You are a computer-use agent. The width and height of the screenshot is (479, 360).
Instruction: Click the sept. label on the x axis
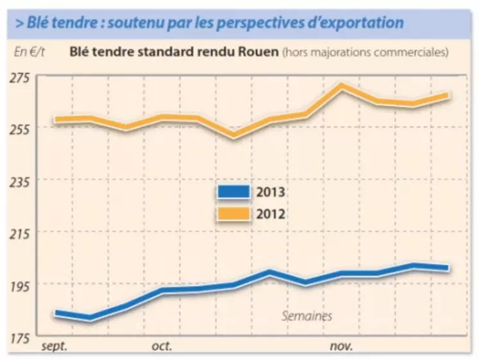pos(55,347)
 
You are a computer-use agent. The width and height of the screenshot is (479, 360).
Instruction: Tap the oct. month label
pos(162,347)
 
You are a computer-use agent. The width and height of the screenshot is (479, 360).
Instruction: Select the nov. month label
pos(341,347)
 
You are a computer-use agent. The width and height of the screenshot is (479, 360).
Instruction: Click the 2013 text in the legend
pos(271,192)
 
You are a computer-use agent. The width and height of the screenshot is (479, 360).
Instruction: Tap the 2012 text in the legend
pos(271,213)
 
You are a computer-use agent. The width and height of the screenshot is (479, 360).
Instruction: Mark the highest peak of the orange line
pos(341,86)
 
